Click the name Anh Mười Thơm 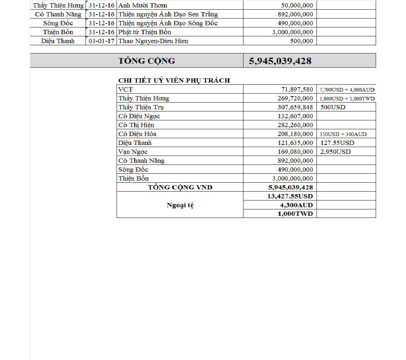pyautogui.click(x=143, y=5)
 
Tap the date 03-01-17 pyautogui.click(x=102, y=41)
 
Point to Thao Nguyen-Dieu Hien pyautogui.click(x=153, y=41)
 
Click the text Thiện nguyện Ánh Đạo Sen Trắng pyautogui.click(x=168, y=14)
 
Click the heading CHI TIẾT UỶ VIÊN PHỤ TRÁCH pyautogui.click(x=174, y=80)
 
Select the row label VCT pyautogui.click(x=125, y=89)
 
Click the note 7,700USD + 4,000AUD pyautogui.click(x=347, y=90)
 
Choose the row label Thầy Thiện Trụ pyautogui.click(x=141, y=107)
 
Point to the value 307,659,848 pyautogui.click(x=295, y=107)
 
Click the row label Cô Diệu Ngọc pyautogui.click(x=139, y=116)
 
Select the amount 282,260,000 pyautogui.click(x=295, y=125)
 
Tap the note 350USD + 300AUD pyautogui.click(x=343, y=134)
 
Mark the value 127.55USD pyautogui.click(x=337, y=143)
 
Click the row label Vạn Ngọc pyautogui.click(x=133, y=152)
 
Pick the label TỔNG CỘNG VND pyautogui.click(x=180, y=187)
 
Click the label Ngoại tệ pyautogui.click(x=180, y=205)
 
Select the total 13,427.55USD pyautogui.click(x=290, y=196)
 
